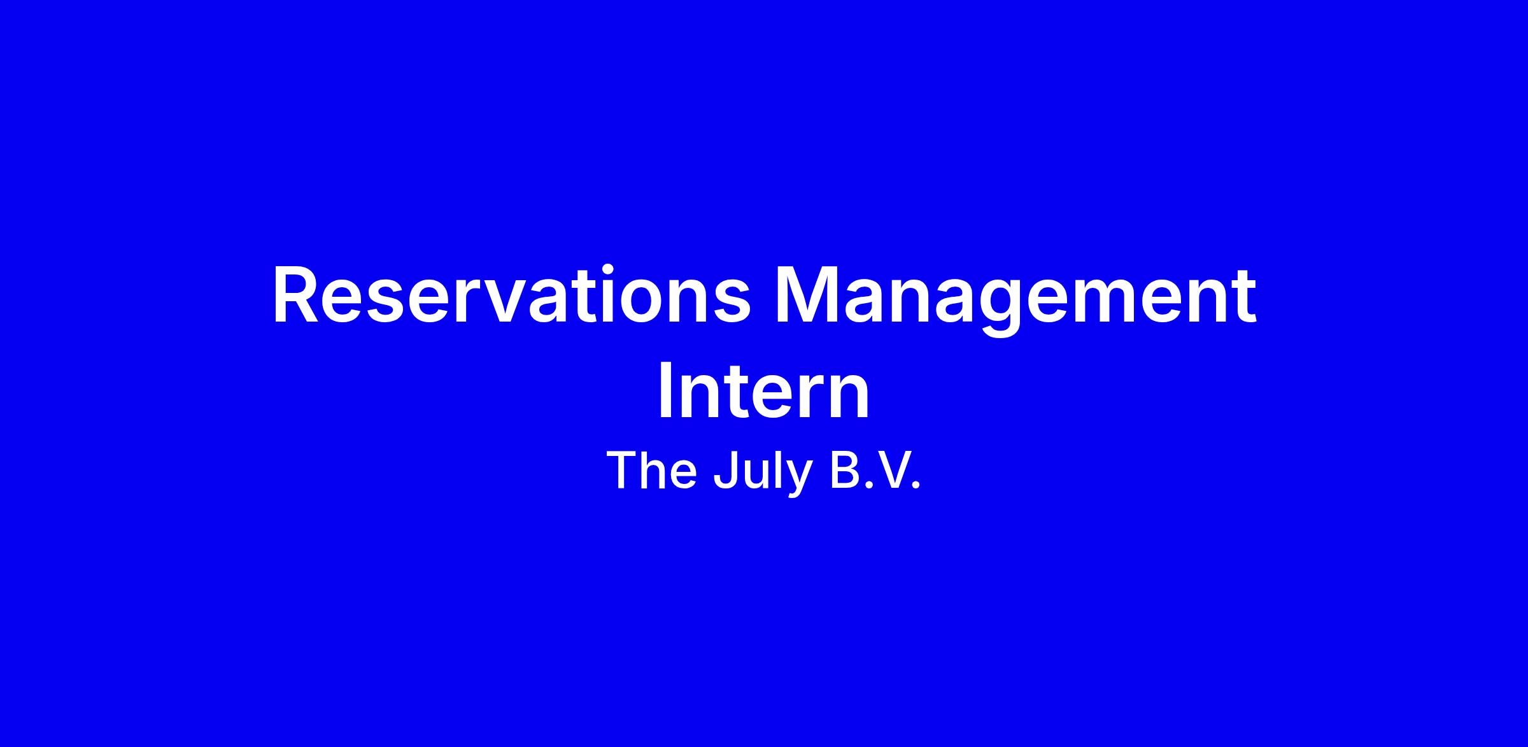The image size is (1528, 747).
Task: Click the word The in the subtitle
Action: tap(651, 471)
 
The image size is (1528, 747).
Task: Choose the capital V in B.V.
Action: tap(888, 471)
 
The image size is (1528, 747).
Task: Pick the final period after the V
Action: tap(916, 487)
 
